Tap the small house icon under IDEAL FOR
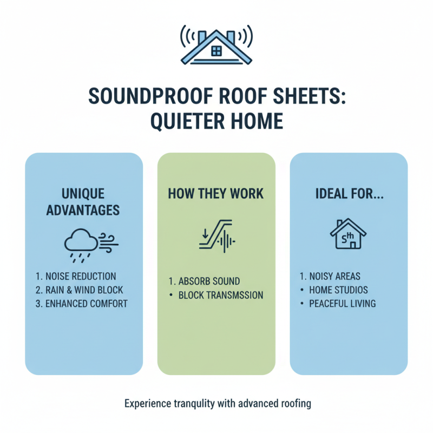[349, 234]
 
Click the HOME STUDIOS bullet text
[338, 290]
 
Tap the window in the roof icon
[216, 51]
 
